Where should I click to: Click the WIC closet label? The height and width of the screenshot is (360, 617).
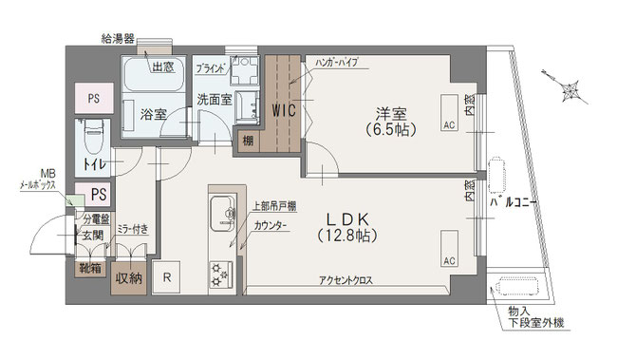point(284,110)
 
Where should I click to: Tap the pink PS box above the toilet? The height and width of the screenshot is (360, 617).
point(93,98)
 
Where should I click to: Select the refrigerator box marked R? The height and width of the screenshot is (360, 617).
point(167,277)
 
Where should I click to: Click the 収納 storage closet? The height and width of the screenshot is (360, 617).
point(129,278)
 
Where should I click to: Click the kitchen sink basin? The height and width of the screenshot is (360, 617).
point(218,211)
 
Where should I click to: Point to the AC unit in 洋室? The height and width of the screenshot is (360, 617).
point(449,123)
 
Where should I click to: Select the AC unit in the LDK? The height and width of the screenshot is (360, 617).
point(448,258)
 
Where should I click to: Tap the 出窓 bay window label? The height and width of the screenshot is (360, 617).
point(163,66)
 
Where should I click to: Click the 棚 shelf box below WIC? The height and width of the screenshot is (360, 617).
point(249,142)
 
